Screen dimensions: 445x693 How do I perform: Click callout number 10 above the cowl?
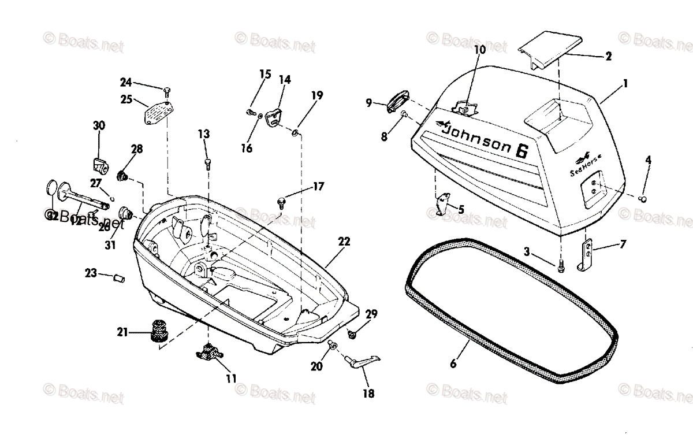click(480, 50)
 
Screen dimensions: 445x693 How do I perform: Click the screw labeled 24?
click(167, 91)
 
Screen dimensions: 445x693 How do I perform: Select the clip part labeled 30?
click(100, 165)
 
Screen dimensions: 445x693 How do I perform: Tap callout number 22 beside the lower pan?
click(344, 242)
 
